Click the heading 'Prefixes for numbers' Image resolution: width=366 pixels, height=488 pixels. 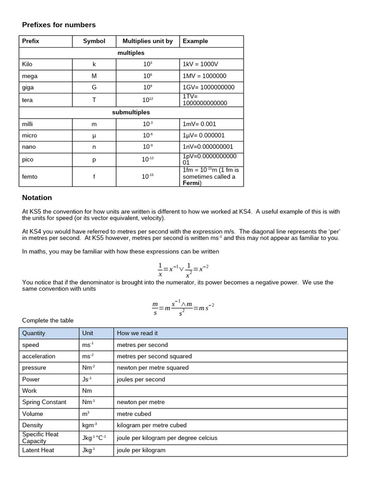59,25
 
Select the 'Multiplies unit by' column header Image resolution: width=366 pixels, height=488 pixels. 147,41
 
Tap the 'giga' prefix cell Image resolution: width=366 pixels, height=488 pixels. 28,88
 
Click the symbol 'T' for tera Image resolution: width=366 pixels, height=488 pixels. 94,100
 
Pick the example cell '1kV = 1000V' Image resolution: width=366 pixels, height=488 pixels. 200,64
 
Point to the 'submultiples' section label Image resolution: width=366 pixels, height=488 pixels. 131,112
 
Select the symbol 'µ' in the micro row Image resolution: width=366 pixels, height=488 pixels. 94,136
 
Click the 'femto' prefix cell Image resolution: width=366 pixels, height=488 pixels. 30,177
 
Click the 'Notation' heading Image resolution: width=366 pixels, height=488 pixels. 37,198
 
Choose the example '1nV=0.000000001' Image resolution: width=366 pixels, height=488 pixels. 208,147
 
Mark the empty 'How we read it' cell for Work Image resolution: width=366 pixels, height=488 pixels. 231,391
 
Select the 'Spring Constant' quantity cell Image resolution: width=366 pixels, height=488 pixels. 44,402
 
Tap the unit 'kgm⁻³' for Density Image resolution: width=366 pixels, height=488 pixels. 89,425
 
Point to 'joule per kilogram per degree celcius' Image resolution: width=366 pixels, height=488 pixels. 167,438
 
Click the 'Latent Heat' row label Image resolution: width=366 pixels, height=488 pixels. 38,450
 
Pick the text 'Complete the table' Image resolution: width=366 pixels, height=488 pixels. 48,321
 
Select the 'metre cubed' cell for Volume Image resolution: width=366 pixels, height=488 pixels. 134,414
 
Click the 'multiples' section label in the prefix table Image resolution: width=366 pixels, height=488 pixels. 131,53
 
